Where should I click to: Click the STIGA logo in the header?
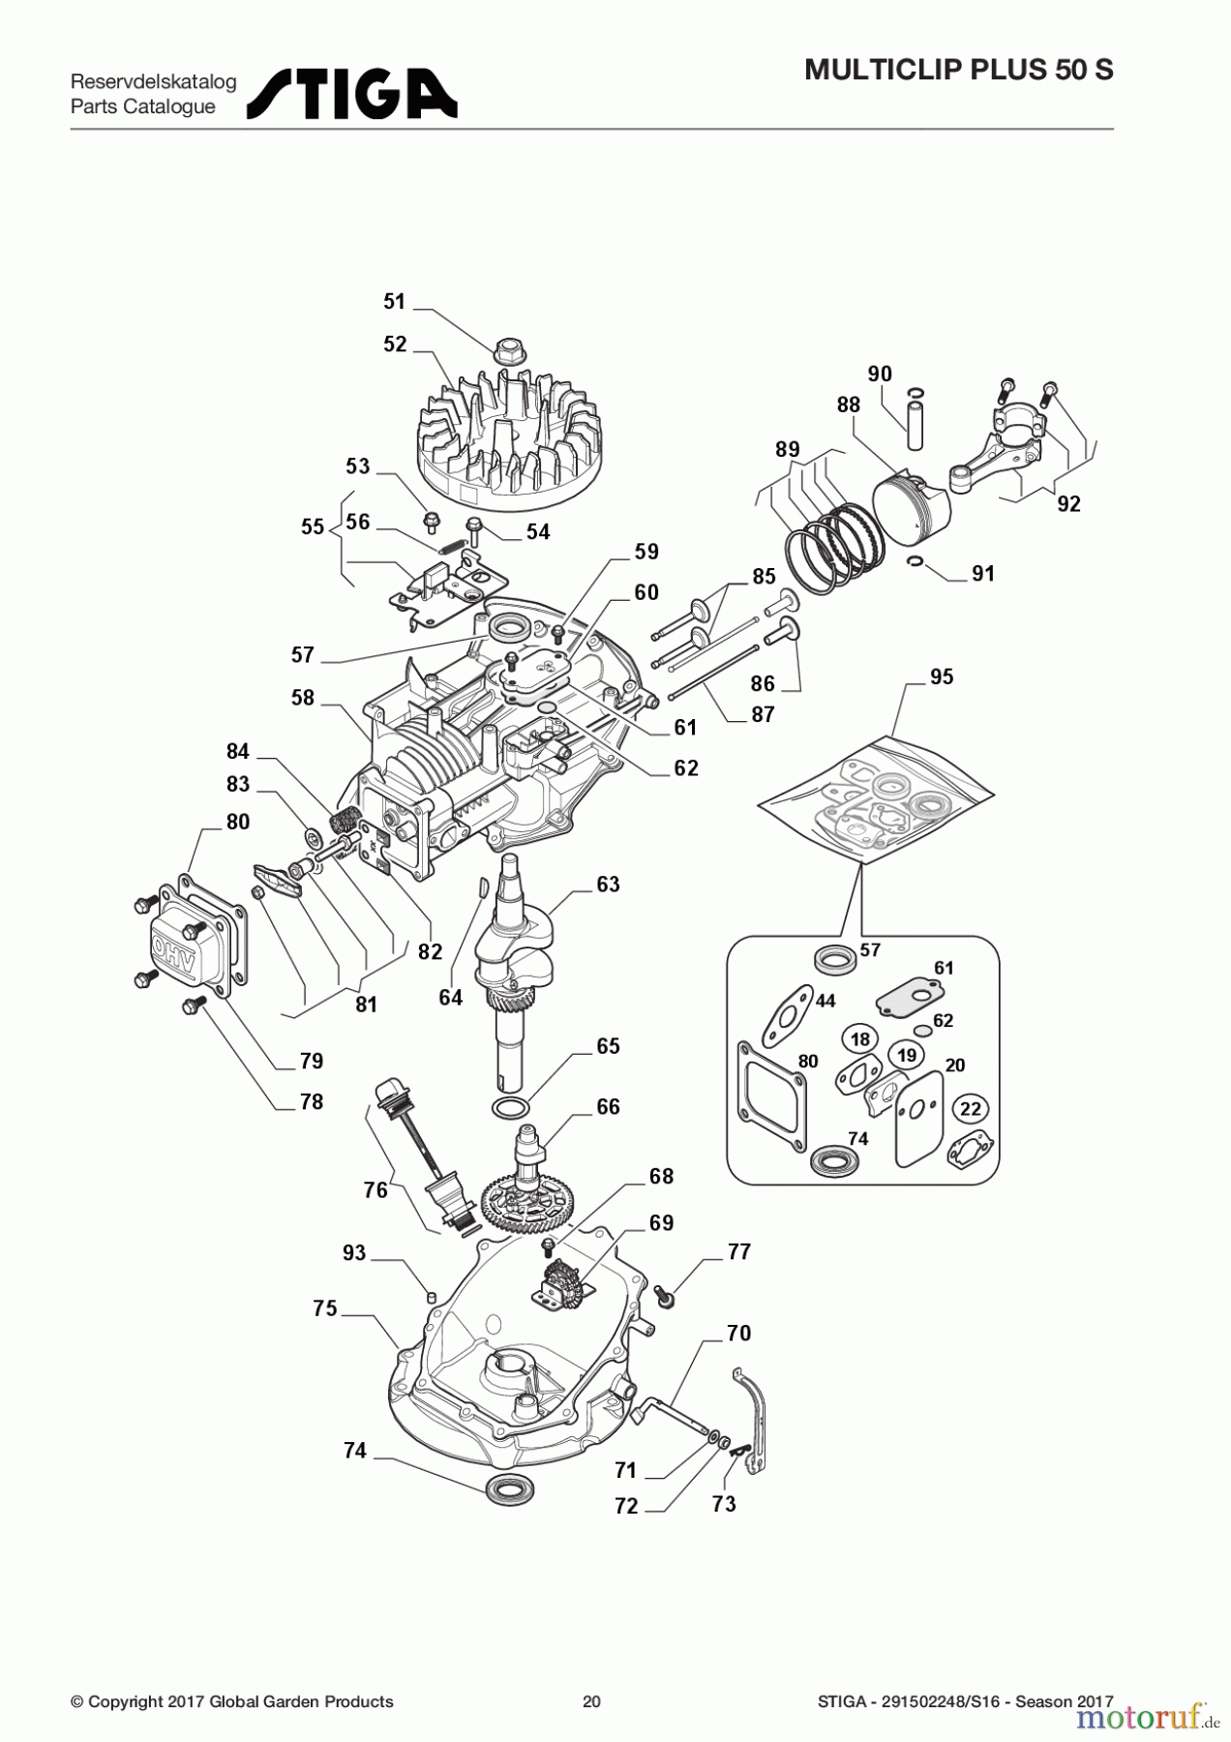pos(351,94)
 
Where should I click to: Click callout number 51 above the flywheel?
pos(394,302)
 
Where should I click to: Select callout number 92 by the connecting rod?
pos(1068,504)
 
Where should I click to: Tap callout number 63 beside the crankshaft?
pos(608,885)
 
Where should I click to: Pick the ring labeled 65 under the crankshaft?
pos(510,1107)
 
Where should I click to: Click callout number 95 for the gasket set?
pos(942,677)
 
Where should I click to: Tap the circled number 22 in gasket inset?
pos(971,1109)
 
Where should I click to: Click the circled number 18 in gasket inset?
pos(860,1039)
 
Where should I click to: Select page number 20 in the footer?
pos(591,1701)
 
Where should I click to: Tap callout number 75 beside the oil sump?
pos(325,1308)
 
